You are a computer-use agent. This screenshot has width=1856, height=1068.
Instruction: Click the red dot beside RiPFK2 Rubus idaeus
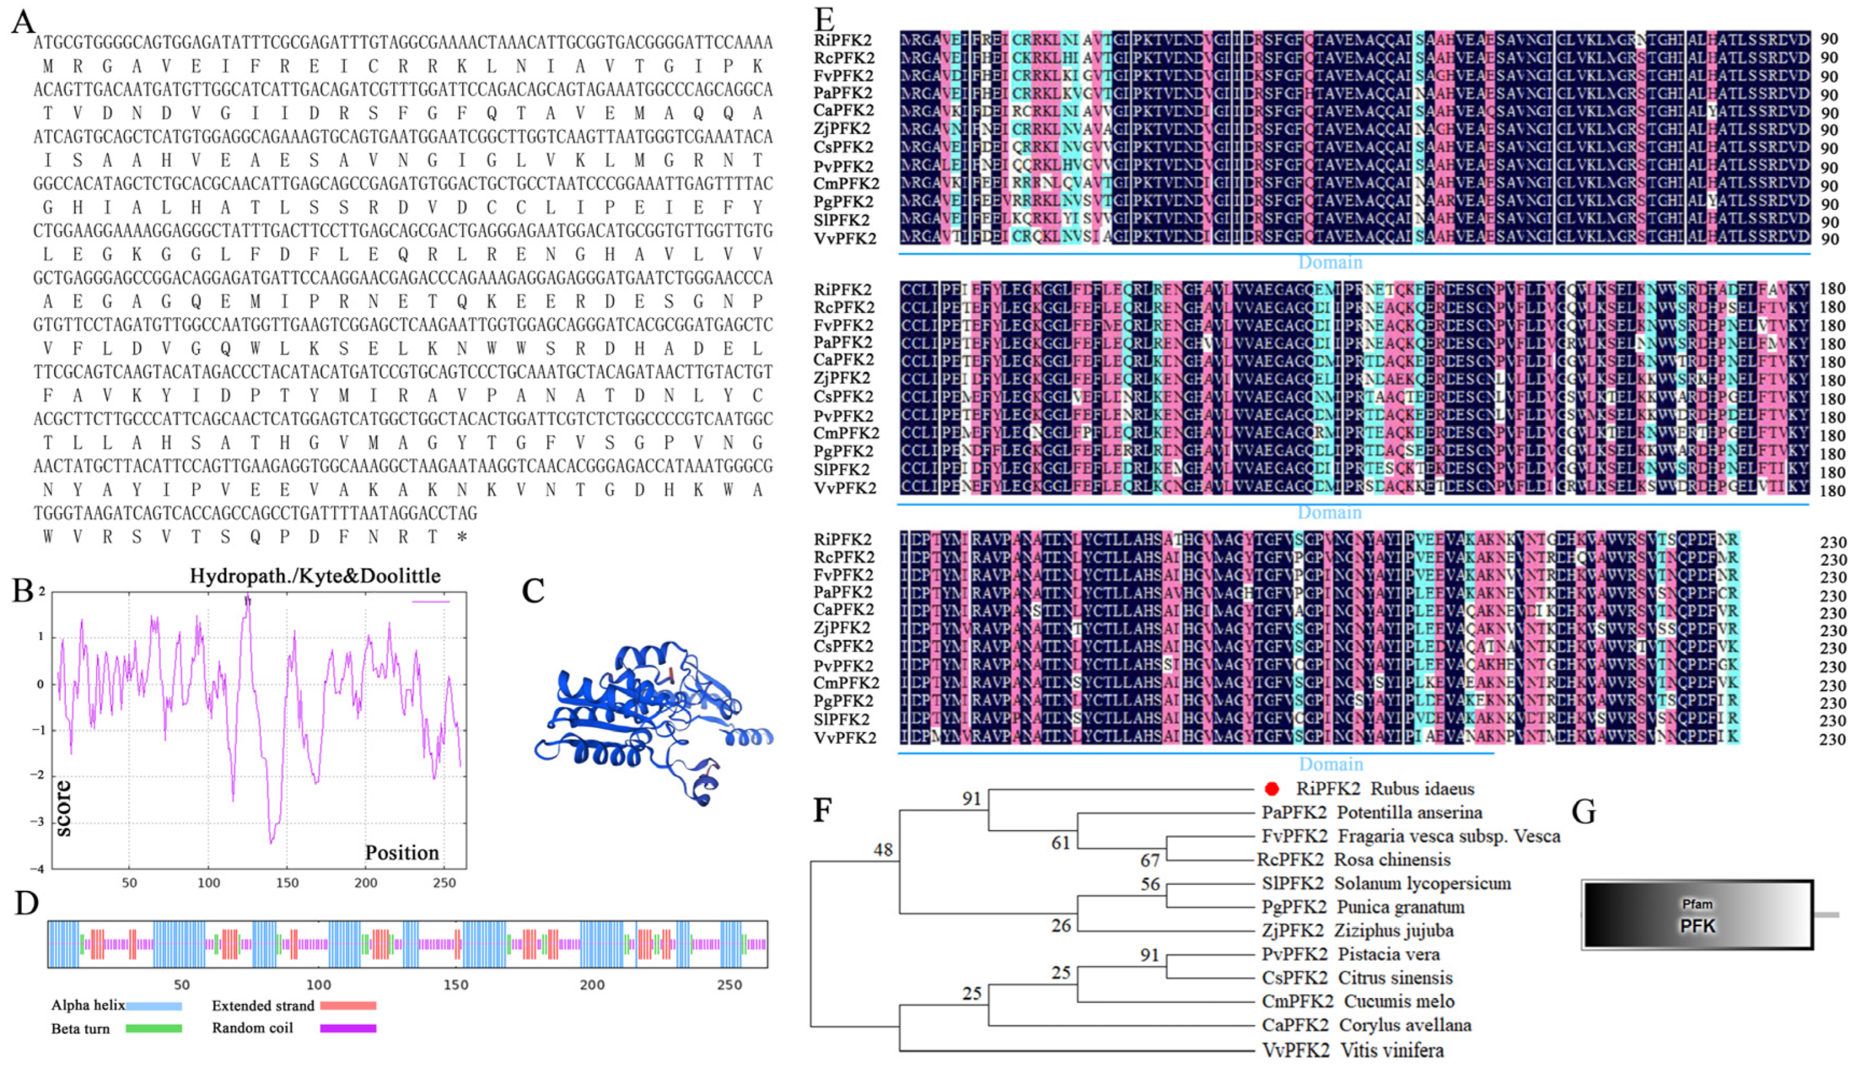1272,789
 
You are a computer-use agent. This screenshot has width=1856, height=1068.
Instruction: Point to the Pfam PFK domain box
1697,916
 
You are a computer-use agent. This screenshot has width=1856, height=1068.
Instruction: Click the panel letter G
1584,813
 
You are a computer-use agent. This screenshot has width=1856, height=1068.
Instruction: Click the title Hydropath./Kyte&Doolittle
315,576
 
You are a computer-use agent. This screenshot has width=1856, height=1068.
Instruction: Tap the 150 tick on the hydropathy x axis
287,883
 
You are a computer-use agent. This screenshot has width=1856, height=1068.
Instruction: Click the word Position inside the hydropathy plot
402,852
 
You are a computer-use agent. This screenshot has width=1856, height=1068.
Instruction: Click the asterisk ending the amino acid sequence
462,538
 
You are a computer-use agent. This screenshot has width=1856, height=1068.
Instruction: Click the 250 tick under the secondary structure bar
729,984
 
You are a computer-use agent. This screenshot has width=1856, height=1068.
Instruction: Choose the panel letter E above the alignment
825,19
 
